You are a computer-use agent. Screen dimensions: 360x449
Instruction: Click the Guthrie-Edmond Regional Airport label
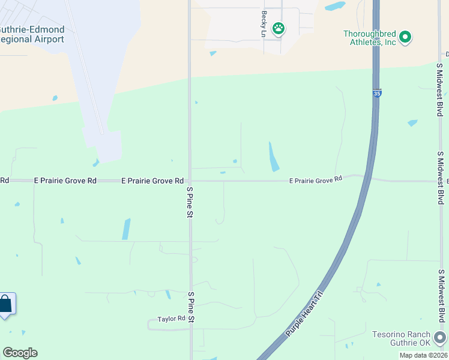coord(31,34)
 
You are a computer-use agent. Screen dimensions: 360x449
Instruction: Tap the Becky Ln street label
coord(264,23)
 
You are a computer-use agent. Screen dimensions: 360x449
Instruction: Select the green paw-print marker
coord(279,28)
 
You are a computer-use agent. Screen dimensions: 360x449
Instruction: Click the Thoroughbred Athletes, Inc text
coord(370,37)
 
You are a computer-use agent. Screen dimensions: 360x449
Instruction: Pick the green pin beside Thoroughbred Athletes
coord(405,38)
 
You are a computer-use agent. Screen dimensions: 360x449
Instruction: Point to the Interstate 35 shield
coord(376,94)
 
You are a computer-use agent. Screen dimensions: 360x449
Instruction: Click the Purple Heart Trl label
coord(304,312)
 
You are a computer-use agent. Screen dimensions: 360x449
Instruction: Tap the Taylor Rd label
coord(171,320)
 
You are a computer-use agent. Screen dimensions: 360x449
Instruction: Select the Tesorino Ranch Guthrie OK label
coord(401,338)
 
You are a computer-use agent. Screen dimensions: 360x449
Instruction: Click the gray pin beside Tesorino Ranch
coord(441,337)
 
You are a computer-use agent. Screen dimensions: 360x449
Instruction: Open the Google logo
coord(20,353)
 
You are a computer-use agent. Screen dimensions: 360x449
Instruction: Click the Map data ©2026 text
coord(423,355)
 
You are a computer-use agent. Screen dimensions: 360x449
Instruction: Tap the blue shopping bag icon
coord(5,304)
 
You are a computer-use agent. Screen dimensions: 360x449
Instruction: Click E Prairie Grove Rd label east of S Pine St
coord(315,179)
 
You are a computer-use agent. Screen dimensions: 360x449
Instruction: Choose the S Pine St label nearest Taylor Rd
coord(191,307)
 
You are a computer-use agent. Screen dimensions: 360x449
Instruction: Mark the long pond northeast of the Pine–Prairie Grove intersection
coord(274,157)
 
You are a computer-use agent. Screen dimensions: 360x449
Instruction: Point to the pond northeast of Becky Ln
coord(335,7)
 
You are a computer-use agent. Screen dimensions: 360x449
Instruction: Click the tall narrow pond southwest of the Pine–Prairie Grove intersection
coord(126,229)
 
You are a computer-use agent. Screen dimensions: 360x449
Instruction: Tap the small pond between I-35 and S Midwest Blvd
coord(412,123)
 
